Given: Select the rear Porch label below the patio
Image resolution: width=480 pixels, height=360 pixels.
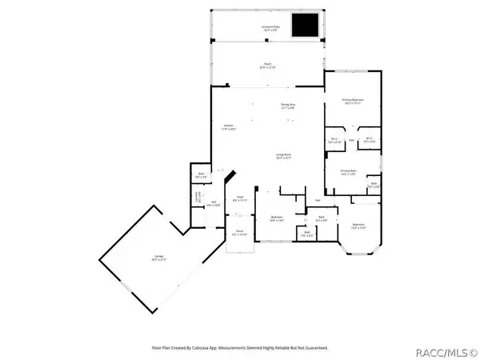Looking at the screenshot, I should [266, 66].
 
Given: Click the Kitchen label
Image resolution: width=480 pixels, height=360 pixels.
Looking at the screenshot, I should [228, 128].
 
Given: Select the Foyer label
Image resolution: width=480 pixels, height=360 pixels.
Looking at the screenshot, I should [238, 198].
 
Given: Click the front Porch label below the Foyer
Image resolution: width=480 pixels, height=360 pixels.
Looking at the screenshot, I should [239, 234].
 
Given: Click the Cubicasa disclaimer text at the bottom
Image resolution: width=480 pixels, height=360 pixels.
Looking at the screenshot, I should [240, 348].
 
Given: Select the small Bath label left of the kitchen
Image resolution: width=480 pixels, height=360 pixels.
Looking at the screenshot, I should [201, 176].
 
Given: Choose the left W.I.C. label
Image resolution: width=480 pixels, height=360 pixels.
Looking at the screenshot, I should [335, 142].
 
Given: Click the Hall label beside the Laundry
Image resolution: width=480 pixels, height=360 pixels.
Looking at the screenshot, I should [214, 205].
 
